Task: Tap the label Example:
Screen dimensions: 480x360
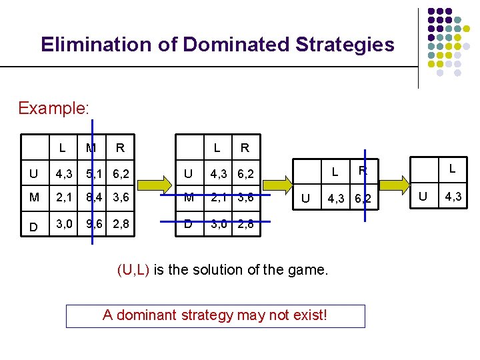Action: tap(54, 108)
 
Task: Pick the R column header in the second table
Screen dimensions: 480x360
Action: tap(245, 148)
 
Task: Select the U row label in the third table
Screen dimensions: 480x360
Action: tap(305, 199)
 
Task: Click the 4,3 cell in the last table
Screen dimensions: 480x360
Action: tap(453, 197)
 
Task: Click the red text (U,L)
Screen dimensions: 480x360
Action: tap(134, 270)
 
